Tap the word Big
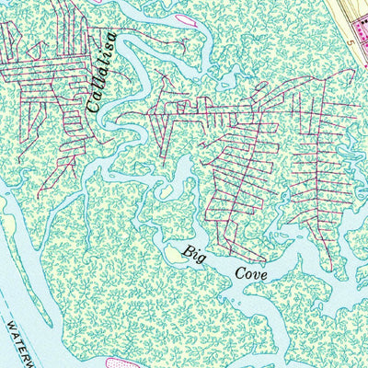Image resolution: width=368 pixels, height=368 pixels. (191, 252)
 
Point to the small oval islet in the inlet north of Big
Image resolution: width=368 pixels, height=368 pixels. (181, 167)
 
